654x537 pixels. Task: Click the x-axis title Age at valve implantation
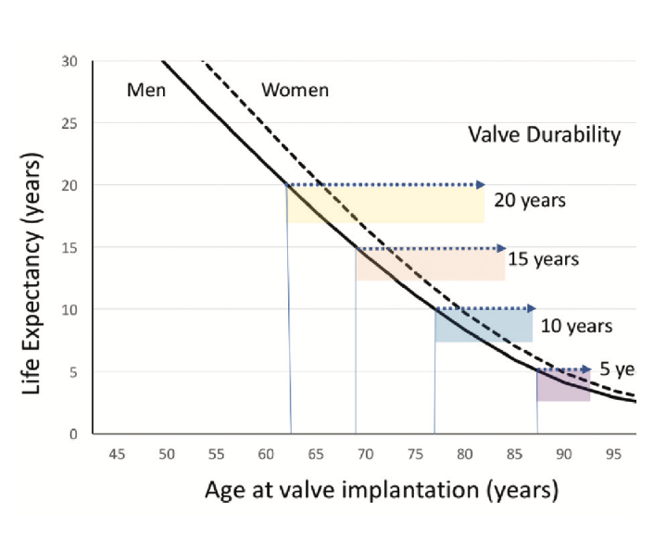[381, 489]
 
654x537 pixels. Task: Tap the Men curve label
[145, 90]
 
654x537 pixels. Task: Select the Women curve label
[295, 90]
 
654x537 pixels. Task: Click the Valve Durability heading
[544, 135]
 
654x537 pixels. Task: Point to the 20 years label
[529, 200]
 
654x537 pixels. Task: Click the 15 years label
[543, 258]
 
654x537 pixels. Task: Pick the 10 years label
[576, 326]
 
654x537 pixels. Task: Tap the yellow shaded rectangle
[385, 205]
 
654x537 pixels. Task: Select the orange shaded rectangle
[430, 265]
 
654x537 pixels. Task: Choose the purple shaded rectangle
[562, 386]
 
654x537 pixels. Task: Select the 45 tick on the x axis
[117, 455]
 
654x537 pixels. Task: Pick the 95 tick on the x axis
[613, 455]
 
